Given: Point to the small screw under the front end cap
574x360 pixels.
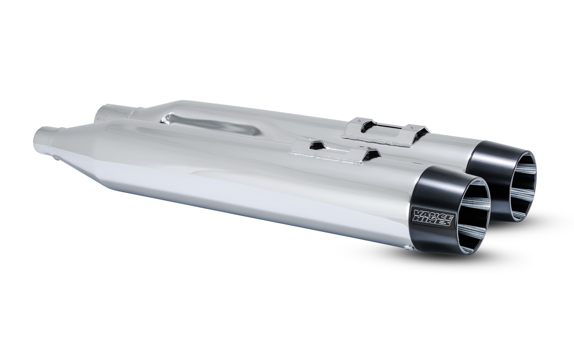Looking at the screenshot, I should click(408, 248).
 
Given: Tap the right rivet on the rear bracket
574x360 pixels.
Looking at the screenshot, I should click(413, 126).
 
